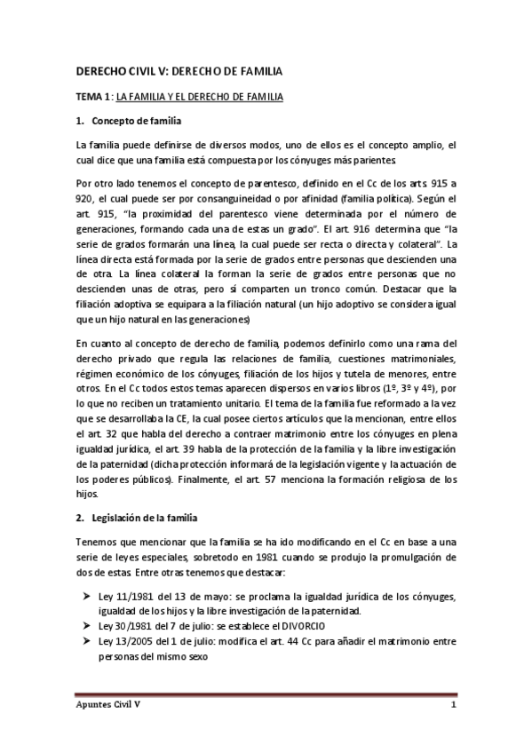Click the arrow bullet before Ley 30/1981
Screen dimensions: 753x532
pyautogui.click(x=83, y=625)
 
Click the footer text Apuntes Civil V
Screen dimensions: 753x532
pyautogui.click(x=111, y=706)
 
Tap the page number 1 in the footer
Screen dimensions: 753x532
pyautogui.click(x=453, y=706)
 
